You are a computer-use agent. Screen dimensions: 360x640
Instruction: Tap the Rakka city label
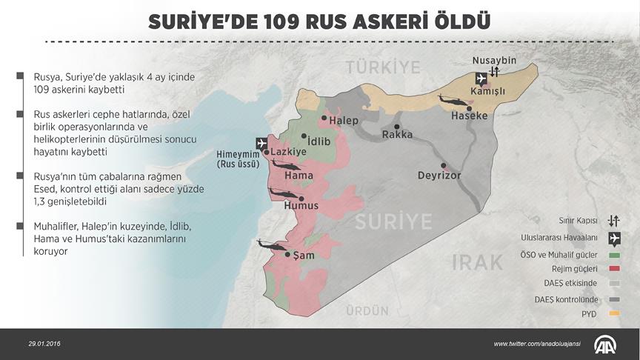pyautogui.click(x=397, y=135)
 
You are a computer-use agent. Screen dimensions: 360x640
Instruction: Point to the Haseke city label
pyautogui.click(x=470, y=116)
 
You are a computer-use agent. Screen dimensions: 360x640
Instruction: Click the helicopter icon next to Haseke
pyautogui.click(x=450, y=99)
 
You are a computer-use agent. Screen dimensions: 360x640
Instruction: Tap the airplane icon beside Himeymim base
pyautogui.click(x=261, y=143)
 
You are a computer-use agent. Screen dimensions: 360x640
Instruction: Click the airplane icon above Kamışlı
pyautogui.click(x=479, y=78)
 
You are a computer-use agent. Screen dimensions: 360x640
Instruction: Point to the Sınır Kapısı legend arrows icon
pyautogui.click(x=613, y=220)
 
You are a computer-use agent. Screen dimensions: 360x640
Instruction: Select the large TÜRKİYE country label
pyautogui.click(x=383, y=67)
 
